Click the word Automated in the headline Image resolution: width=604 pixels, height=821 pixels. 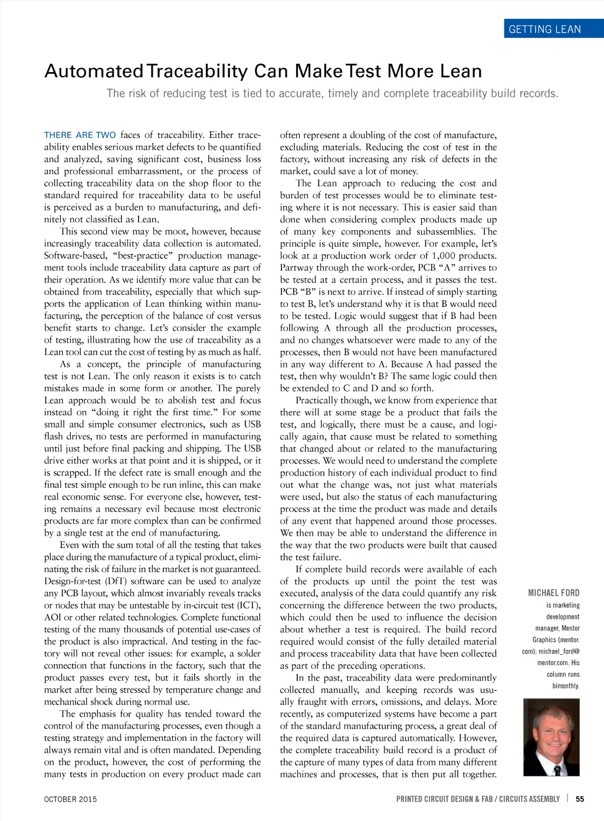point(93,71)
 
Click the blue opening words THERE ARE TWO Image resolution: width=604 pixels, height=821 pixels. point(80,135)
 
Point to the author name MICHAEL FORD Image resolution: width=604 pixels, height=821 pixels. point(553,593)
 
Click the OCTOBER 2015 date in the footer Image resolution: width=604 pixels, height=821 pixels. point(70,799)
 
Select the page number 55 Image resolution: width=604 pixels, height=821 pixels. point(580,799)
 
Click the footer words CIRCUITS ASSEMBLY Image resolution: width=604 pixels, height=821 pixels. point(529,799)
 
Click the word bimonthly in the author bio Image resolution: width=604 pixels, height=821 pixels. point(566,686)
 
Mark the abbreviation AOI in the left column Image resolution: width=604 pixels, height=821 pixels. point(52,617)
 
